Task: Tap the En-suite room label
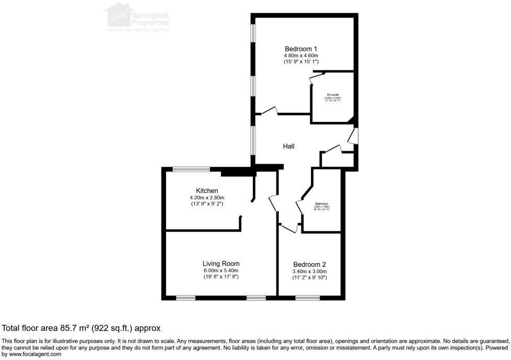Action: click(332, 95)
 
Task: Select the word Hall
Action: click(288, 147)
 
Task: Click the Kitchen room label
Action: click(207, 190)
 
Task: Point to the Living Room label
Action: click(221, 263)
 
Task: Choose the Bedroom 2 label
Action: click(309, 264)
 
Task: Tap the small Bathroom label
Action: click(321, 204)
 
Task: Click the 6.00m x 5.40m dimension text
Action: click(221, 270)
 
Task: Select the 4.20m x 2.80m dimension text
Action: click(207, 197)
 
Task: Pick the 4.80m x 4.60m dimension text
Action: click(301, 55)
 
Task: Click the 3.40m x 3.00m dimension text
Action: click(309, 272)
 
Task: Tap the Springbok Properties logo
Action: click(139, 17)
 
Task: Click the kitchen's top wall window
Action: click(192, 168)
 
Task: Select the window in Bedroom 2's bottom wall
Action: click(304, 298)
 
